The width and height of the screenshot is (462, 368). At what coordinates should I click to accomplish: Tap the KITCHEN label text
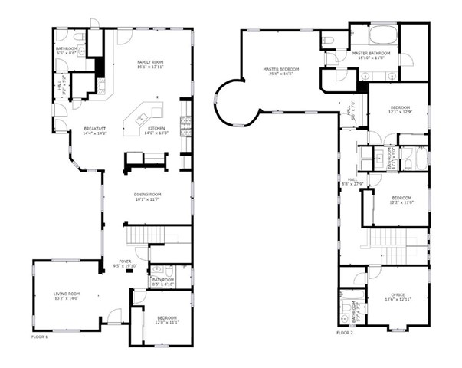click(156, 128)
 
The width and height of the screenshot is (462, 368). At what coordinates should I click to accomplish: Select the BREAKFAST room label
click(95, 128)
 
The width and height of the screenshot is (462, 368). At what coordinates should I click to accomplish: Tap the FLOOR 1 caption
click(39, 336)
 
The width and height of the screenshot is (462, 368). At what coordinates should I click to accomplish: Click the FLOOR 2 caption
click(345, 333)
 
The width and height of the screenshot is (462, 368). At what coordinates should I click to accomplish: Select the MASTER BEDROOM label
click(280, 69)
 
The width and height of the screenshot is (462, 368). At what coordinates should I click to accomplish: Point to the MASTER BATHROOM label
click(372, 54)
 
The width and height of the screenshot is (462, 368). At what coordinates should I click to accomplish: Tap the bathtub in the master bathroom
click(382, 35)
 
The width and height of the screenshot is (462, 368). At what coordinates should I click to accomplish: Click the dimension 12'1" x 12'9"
click(401, 112)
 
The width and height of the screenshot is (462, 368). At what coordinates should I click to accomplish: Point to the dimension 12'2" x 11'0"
click(401, 202)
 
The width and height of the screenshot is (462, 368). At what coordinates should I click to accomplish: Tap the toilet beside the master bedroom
click(326, 40)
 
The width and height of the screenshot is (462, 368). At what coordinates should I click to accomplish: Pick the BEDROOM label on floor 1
click(166, 317)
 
